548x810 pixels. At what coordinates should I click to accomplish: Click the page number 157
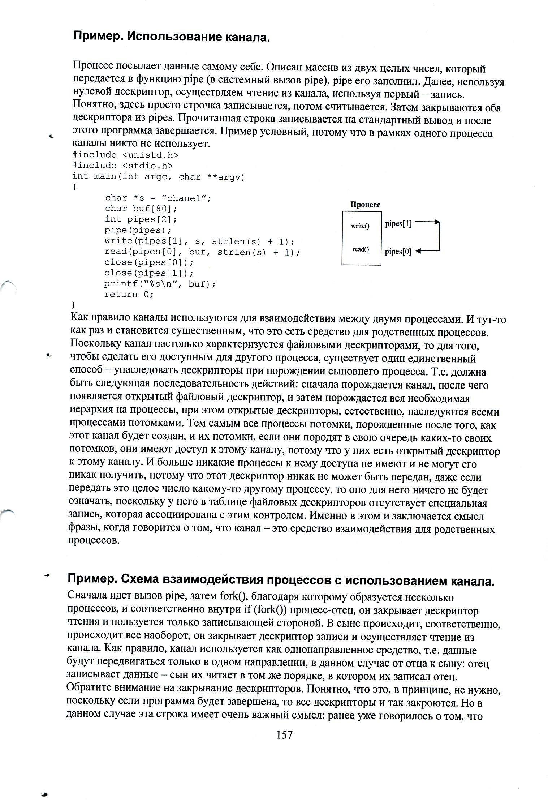tap(284, 735)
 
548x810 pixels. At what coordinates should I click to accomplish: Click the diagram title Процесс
tap(365, 205)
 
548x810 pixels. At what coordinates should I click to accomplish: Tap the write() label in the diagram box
tap(361, 226)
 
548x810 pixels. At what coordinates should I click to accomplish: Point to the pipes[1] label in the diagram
tap(398, 224)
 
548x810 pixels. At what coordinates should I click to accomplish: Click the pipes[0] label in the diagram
tap(398, 252)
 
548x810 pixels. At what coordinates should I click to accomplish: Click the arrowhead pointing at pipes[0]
tap(418, 251)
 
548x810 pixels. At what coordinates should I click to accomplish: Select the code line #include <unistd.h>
tap(125, 155)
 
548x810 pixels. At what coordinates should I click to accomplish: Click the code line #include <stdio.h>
tap(122, 166)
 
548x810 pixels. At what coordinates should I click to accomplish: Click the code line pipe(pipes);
tap(138, 230)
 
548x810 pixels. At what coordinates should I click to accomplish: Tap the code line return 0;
tap(129, 294)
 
